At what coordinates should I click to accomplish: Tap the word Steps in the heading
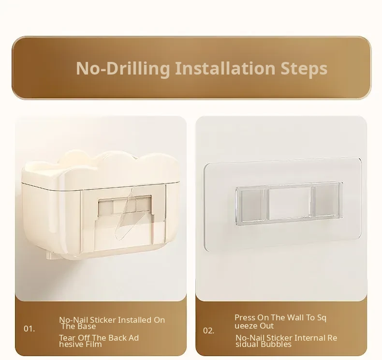click(x=304, y=69)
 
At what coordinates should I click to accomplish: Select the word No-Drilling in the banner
click(x=123, y=69)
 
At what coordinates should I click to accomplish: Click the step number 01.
click(x=29, y=329)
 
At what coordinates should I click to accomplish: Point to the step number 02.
click(x=209, y=331)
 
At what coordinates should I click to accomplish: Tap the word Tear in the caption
click(x=67, y=338)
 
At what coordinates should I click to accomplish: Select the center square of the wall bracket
click(x=290, y=203)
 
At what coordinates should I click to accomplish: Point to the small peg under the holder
click(x=52, y=255)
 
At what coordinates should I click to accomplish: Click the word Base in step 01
click(x=87, y=326)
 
